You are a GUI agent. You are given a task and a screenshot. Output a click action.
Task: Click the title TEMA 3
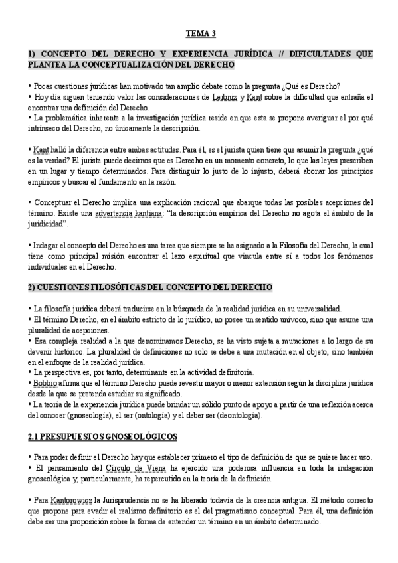pyautogui.click(x=200, y=33)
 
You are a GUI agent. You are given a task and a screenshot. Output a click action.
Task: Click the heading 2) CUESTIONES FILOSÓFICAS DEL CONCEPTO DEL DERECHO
pyautogui.click(x=150, y=287)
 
